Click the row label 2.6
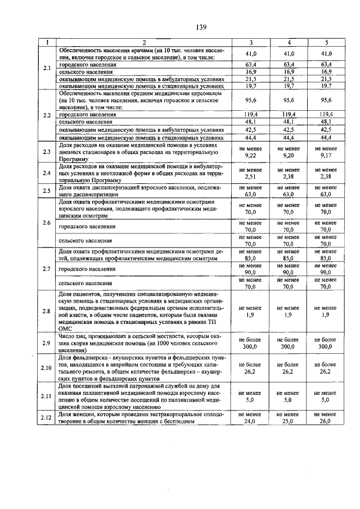click(47, 223)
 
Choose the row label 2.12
click(47, 417)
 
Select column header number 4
click(289, 42)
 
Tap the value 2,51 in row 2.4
click(250, 175)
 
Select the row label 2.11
click(47, 397)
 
